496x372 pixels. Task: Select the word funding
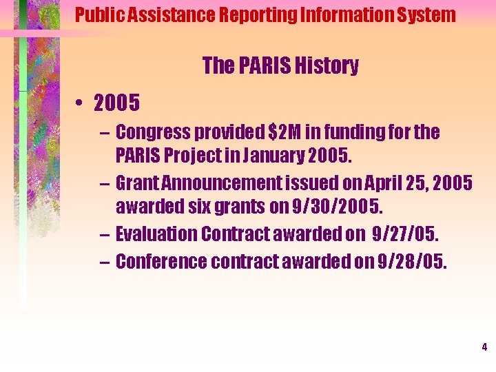pos(366,132)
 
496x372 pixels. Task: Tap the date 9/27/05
pos(404,234)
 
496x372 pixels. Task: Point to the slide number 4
pos(484,348)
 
